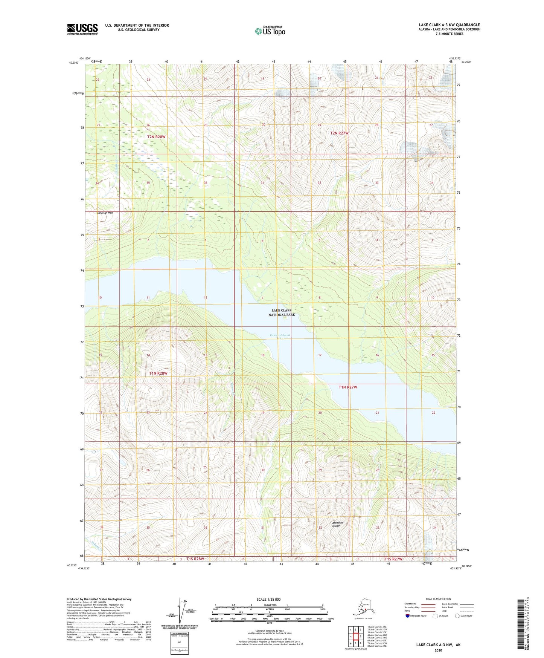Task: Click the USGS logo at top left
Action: click(x=82, y=29)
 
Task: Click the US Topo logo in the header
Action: click(x=270, y=31)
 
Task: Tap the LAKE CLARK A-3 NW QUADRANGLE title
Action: click(x=449, y=25)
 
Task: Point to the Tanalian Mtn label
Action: click(x=105, y=213)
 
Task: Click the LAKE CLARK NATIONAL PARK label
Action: click(x=282, y=312)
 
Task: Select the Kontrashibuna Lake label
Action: click(x=282, y=337)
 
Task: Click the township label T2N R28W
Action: click(x=156, y=137)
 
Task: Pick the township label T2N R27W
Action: click(x=339, y=133)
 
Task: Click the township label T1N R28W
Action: click(x=158, y=373)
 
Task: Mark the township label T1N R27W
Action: click(x=347, y=387)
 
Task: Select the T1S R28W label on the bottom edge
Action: click(x=195, y=559)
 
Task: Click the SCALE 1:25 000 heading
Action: click(x=268, y=600)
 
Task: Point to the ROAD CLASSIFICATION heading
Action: click(x=438, y=599)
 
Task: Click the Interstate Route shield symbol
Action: click(x=408, y=616)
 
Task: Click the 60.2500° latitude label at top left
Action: click(x=74, y=63)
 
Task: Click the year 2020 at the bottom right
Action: click(x=438, y=650)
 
